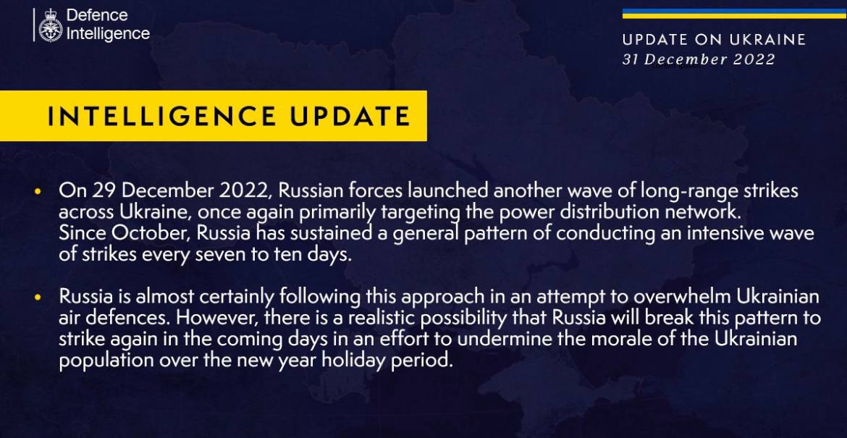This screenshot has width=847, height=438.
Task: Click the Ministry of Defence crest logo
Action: click(50, 25)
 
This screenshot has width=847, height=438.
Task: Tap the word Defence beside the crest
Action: click(97, 16)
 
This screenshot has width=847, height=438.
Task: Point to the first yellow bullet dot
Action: click(37, 191)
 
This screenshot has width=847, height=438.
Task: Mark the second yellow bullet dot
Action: click(37, 297)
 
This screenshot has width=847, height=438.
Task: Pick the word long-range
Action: click(684, 193)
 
